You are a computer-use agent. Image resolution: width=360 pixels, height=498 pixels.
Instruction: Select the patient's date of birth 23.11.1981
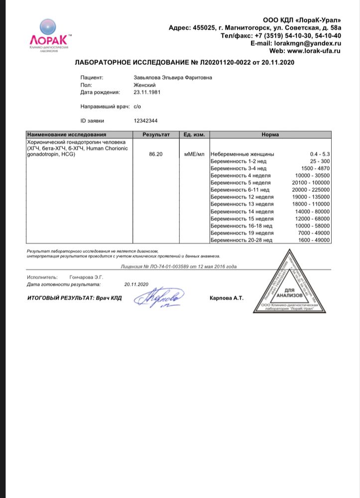145,92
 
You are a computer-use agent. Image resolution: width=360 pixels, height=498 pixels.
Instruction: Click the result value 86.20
156,154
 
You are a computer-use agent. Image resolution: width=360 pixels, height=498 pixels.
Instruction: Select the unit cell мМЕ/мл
194,154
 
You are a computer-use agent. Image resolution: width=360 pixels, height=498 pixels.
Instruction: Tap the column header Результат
156,134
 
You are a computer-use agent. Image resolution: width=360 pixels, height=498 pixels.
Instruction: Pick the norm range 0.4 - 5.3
319,154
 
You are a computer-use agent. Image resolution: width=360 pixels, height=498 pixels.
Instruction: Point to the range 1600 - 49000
314,240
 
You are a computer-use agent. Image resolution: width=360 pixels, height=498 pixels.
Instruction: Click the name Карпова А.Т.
227,298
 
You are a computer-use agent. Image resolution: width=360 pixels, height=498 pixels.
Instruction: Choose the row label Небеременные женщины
242,154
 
